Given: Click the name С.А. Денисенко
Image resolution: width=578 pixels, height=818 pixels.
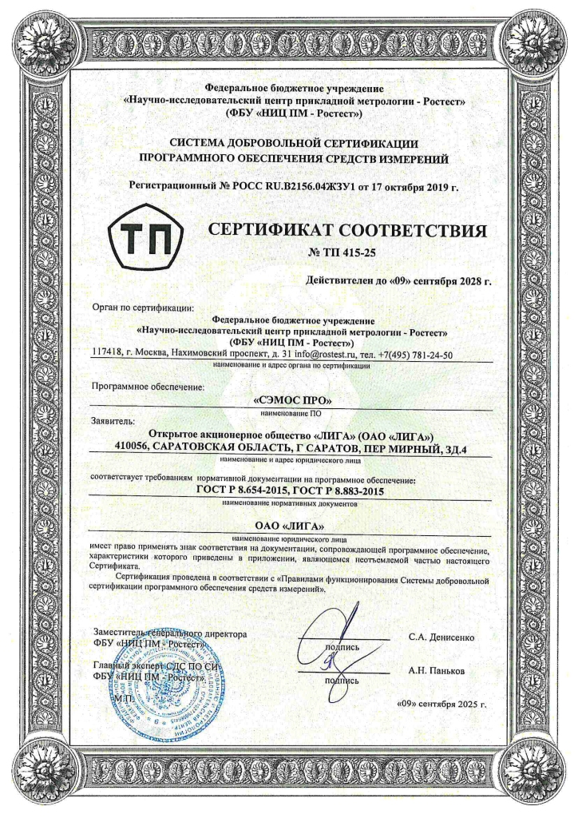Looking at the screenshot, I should pos(441,638).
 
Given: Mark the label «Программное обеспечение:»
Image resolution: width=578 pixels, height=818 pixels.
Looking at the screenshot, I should pos(148,387).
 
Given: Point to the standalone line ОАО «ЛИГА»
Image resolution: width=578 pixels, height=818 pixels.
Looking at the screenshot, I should pos(288,525).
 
